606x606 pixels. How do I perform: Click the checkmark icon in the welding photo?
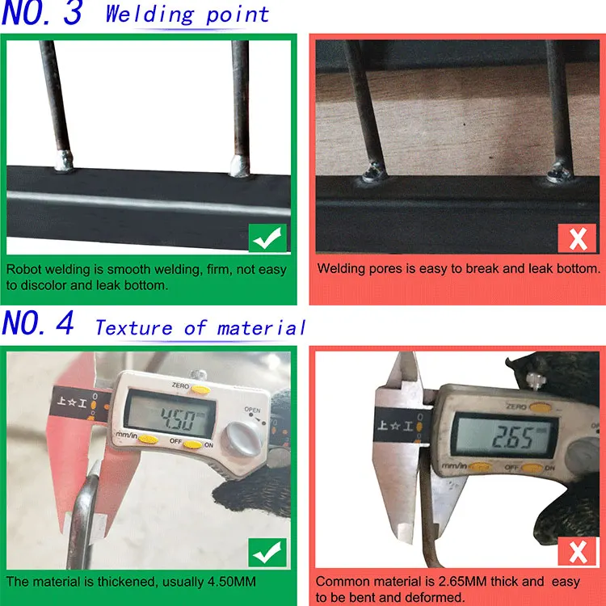tap(267, 238)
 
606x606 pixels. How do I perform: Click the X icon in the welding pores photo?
tap(577, 238)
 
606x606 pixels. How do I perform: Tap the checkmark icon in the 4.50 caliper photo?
tap(267, 553)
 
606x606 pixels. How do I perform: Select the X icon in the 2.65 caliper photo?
tap(578, 552)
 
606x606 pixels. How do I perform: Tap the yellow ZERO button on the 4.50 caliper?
tap(200, 389)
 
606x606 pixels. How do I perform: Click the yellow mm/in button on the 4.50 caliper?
tap(148, 440)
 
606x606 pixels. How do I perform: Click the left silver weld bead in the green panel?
tap(64, 161)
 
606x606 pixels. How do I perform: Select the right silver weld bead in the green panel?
tap(240, 166)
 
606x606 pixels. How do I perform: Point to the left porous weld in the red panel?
tap(374, 172)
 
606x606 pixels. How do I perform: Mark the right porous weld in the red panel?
tap(560, 172)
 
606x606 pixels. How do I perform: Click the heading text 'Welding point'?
tap(187, 15)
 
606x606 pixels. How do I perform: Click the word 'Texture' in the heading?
tap(133, 328)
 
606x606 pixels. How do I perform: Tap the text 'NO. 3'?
tap(42, 13)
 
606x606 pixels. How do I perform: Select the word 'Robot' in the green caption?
tap(23, 269)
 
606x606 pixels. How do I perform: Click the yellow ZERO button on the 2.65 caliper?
tap(540, 407)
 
